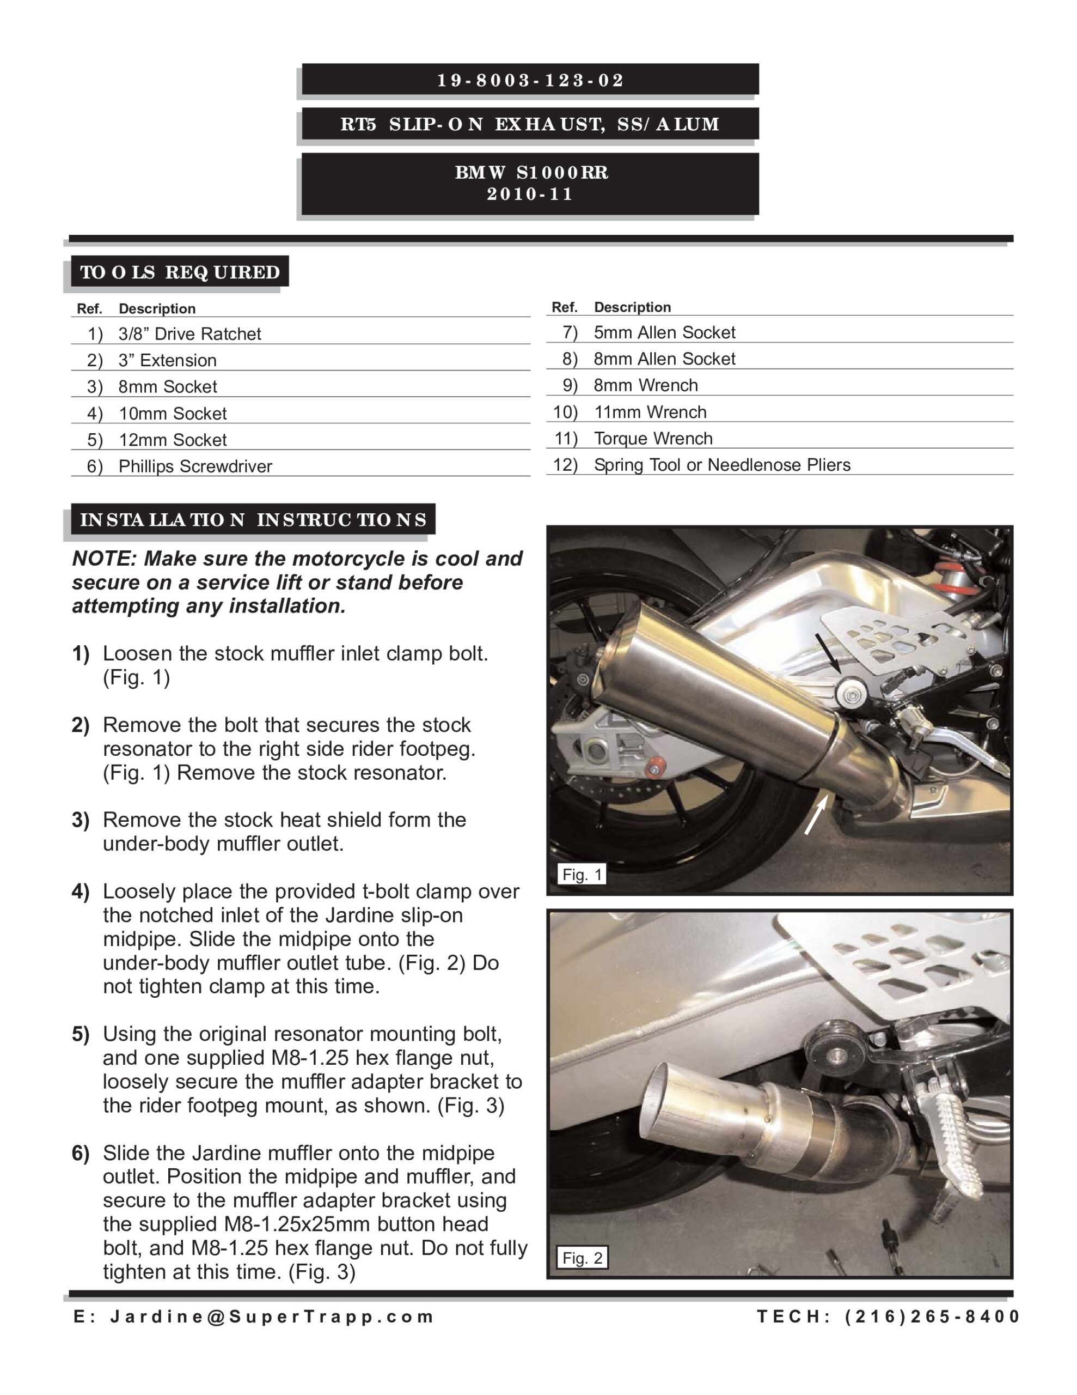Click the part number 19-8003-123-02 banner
[530, 81]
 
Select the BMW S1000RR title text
[531, 172]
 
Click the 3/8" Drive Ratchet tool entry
[189, 333]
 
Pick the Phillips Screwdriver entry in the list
[195, 466]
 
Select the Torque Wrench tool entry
[652, 438]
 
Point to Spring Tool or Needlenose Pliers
[721, 464]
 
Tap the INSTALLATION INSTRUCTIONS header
[253, 519]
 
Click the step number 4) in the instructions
[81, 891]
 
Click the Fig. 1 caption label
[582, 875]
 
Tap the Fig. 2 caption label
[582, 1258]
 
